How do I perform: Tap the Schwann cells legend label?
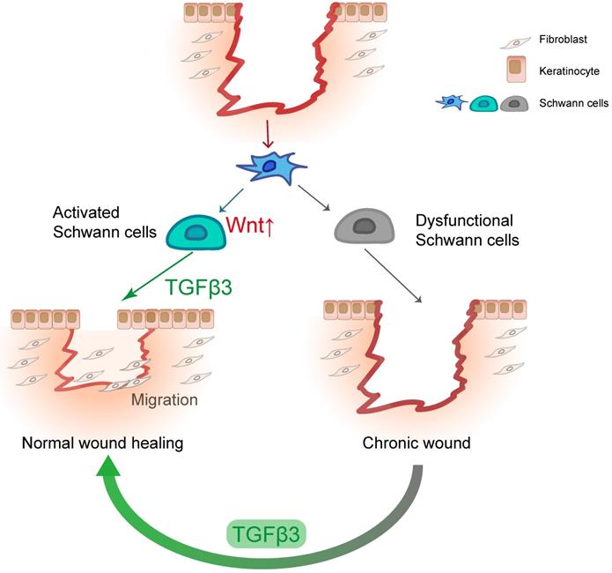[572, 103]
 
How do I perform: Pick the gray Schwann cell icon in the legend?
[514, 103]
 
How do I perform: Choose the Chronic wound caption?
[417, 442]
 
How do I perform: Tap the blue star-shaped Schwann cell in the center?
[273, 166]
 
